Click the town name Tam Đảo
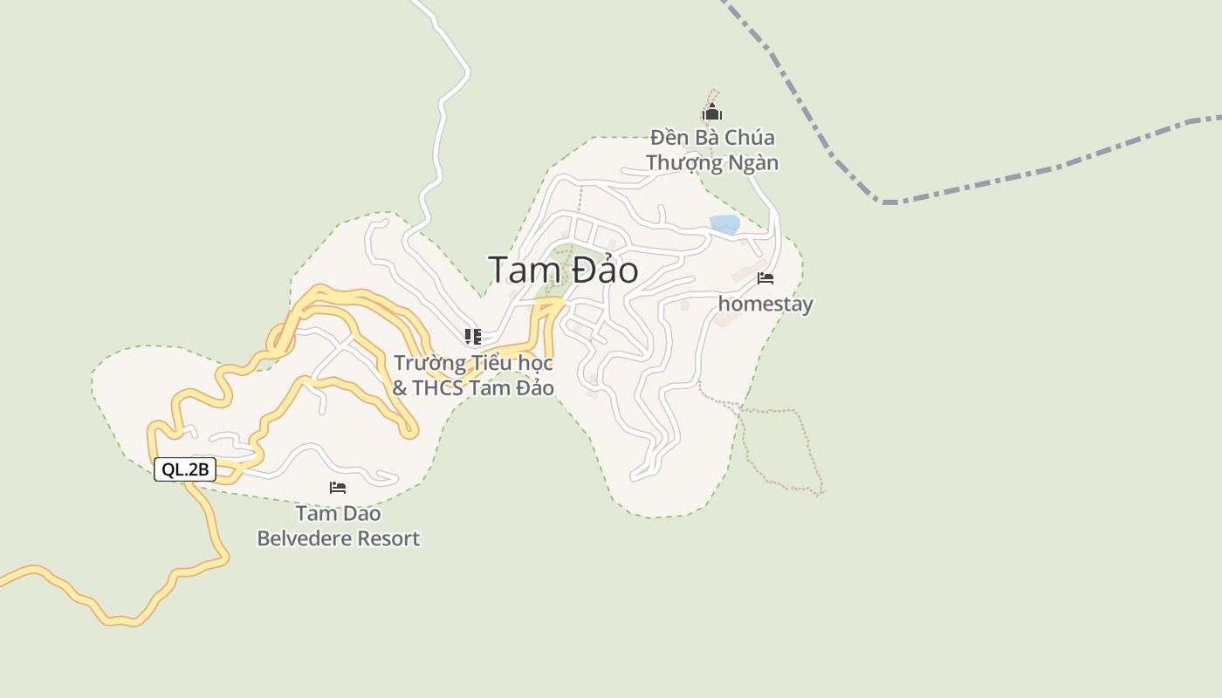point(563,270)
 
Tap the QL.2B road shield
point(185,469)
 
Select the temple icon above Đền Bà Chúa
point(712,112)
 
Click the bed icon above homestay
point(765,278)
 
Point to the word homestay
point(765,305)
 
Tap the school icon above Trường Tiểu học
point(473,337)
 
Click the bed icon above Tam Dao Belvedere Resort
point(338,488)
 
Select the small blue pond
point(724,224)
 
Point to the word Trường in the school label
point(425,363)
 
